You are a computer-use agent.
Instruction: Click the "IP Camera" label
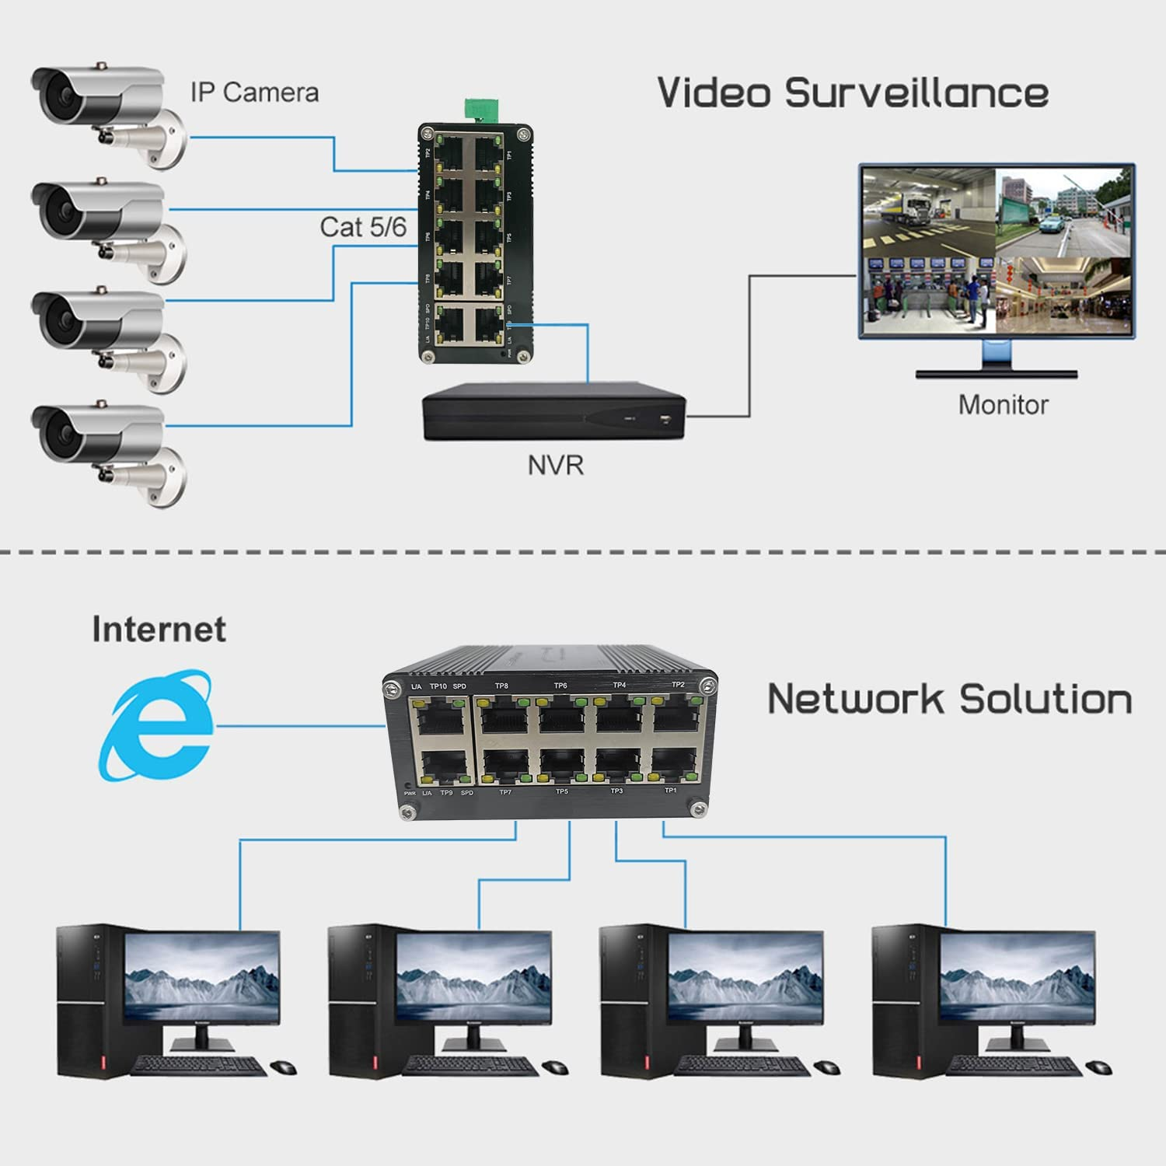point(254,93)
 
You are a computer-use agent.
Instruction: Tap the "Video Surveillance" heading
point(853,93)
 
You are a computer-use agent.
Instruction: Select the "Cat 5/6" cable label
point(363,227)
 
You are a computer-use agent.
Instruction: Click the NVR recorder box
point(554,412)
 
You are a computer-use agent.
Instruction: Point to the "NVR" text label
point(555,466)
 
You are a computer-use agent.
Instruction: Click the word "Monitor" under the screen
point(1003,405)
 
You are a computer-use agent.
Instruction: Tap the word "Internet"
point(159,629)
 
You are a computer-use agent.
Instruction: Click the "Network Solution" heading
point(949,699)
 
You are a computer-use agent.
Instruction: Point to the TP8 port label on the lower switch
point(501,686)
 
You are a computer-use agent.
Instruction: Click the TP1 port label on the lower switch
point(670,791)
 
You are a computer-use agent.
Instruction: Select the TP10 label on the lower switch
point(438,686)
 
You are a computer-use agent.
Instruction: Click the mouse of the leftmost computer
point(283,1067)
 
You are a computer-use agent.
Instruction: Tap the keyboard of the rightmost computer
point(1014,1066)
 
